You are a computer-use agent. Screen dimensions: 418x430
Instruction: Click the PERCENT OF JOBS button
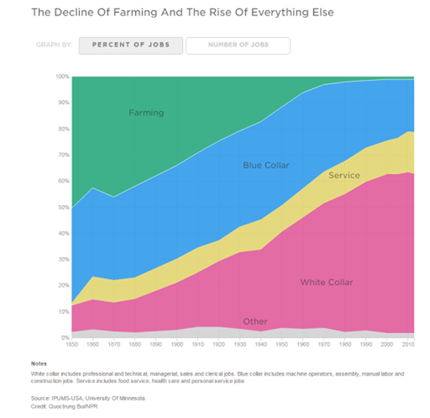[x=130, y=45]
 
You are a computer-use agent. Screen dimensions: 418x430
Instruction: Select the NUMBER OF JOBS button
[x=238, y=45]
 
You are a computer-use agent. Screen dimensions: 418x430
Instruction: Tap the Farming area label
[x=146, y=113]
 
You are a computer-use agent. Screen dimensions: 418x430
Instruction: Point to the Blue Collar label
[x=266, y=165]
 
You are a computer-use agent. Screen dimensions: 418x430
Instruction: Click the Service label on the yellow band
[x=344, y=175]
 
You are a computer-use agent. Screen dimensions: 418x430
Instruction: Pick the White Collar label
[x=326, y=282]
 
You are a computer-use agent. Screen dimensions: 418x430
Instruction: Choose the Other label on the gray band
[x=255, y=322]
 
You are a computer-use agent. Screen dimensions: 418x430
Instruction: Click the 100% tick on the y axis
[x=62, y=76]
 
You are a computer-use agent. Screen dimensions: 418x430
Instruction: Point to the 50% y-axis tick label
[x=63, y=207]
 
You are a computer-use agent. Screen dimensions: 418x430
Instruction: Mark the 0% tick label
[x=65, y=338]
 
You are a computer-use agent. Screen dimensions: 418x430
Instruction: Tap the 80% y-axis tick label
[x=63, y=129]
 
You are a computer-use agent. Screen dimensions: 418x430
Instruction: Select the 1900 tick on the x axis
[x=176, y=345]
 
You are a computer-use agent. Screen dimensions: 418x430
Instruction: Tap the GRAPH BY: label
[x=54, y=45]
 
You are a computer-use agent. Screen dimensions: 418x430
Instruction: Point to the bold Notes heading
[x=39, y=364]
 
